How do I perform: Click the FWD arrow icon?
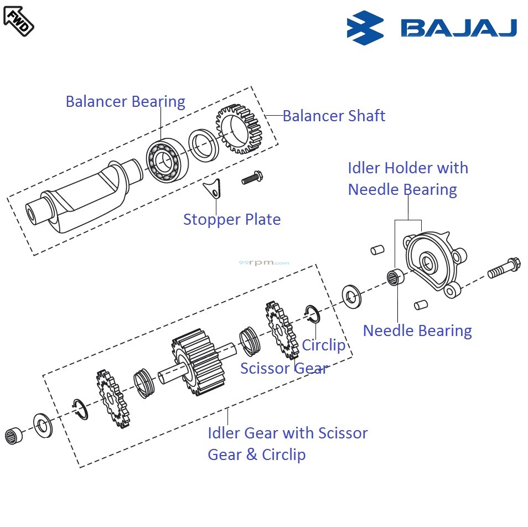tap(18, 20)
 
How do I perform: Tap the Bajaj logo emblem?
tap(365, 28)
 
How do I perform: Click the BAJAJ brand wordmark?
tap(459, 28)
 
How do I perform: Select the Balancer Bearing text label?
tap(125, 102)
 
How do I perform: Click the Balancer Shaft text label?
tap(334, 116)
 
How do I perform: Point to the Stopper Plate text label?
tap(232, 220)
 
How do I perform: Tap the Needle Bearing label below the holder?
tap(417, 331)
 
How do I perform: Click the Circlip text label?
tap(323, 345)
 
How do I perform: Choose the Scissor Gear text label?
tap(284, 368)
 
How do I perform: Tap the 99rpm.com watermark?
tap(263, 263)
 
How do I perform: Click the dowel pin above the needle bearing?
tap(377, 250)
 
